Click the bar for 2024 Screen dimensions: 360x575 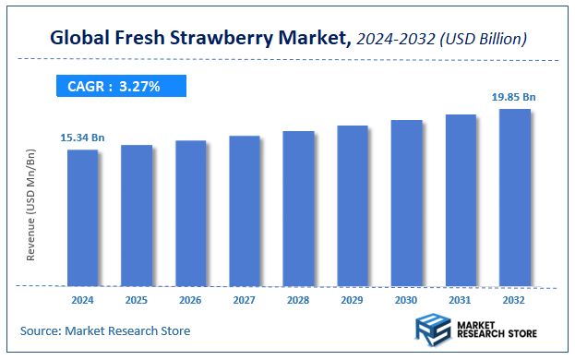82,217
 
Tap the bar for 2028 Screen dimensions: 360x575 299,208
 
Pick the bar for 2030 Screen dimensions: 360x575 406,202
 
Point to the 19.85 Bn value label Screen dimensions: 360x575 514,95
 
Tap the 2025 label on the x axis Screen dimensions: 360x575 137,300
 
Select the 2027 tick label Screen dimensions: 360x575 245,300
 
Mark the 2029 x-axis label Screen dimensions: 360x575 353,300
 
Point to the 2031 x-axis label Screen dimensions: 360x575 461,300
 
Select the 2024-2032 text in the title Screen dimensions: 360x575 393,39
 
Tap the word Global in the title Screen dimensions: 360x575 78,39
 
